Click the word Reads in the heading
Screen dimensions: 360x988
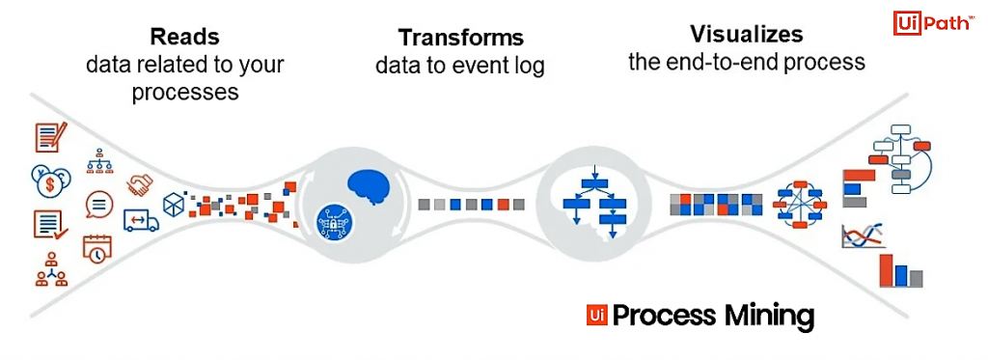click(184, 38)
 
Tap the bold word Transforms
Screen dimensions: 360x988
click(461, 39)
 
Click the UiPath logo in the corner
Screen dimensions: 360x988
click(933, 23)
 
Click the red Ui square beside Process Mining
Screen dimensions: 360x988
click(596, 316)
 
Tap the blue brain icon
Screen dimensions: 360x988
click(372, 186)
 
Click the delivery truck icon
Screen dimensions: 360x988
click(141, 221)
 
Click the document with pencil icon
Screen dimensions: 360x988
click(49, 137)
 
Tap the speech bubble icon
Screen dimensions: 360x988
click(98, 204)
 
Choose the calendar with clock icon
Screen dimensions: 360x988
click(96, 249)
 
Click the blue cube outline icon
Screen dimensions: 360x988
click(173, 204)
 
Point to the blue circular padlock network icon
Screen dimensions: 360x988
click(334, 222)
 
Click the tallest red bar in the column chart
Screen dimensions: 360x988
click(886, 271)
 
